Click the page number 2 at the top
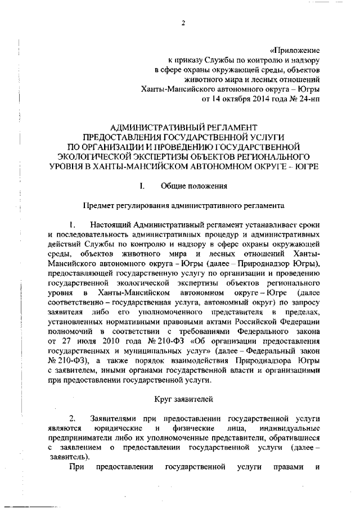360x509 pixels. click(x=183, y=23)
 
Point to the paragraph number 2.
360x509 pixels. click(x=73, y=419)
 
